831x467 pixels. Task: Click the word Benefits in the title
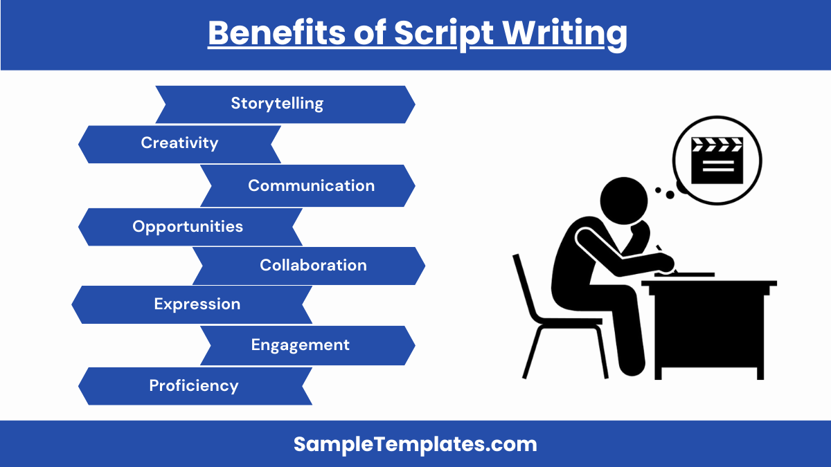pos(277,33)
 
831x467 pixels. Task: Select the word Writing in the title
pos(564,35)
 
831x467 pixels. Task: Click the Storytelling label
pos(277,103)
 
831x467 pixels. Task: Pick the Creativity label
pos(179,143)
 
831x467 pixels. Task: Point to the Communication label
pos(311,185)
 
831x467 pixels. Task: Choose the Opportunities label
pos(188,226)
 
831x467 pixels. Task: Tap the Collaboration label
pos(313,265)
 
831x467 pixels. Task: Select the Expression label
pos(197,304)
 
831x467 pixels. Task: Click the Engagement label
pos(300,345)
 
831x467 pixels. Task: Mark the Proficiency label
pos(194,386)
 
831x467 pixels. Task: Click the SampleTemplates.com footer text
pos(415,444)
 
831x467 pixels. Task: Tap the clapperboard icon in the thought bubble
pos(717,161)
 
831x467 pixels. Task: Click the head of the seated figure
pos(624,201)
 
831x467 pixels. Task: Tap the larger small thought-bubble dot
pos(670,194)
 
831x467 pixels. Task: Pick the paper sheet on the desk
pos(684,275)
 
